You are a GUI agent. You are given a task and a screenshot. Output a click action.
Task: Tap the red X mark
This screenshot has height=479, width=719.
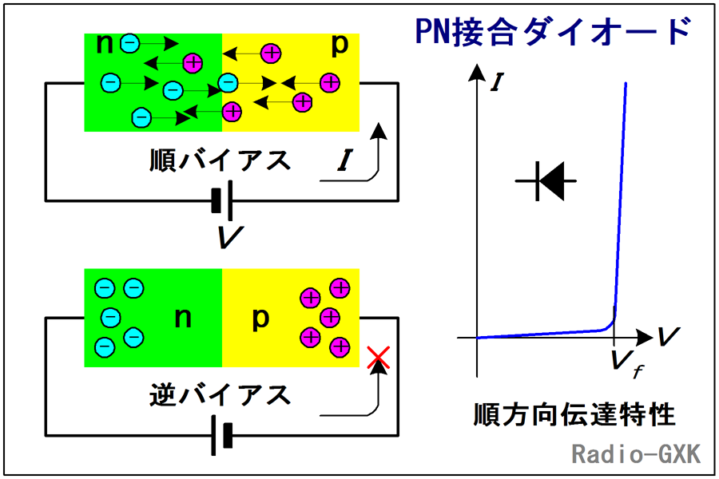[377, 358]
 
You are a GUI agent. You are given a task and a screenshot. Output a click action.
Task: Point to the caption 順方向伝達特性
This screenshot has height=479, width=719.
[574, 415]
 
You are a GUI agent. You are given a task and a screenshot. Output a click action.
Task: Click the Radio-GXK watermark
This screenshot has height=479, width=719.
[636, 454]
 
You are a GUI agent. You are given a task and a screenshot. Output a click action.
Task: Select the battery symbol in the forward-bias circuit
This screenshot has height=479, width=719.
[223, 200]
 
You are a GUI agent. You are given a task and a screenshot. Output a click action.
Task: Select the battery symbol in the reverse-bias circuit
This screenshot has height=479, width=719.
[221, 435]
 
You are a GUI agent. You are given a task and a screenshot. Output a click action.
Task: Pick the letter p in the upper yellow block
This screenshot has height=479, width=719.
[340, 46]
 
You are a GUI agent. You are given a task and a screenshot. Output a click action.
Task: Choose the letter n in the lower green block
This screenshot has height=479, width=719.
[182, 318]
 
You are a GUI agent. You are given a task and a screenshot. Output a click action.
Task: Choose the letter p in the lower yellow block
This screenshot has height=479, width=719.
[260, 318]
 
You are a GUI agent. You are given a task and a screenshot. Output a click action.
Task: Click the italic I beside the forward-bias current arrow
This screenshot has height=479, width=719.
[344, 162]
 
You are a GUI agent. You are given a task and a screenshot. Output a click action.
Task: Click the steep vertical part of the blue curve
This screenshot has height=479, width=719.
[621, 200]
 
